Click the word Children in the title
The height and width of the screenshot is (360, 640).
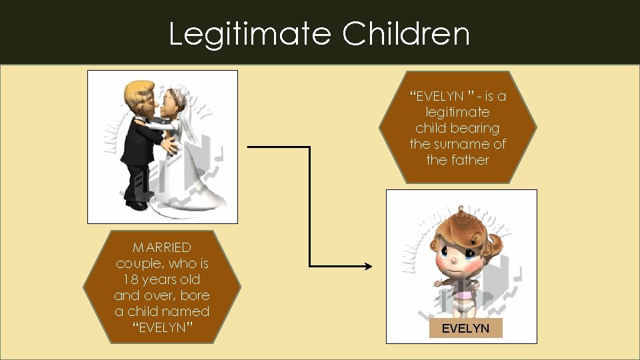pos(407,34)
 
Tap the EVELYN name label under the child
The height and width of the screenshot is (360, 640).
pos(465,328)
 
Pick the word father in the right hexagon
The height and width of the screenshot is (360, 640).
pos(472,160)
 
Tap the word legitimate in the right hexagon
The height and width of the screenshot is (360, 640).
pos(457,112)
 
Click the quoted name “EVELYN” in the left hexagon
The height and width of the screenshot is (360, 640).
pos(162,327)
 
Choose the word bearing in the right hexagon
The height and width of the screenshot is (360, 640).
pos(476,128)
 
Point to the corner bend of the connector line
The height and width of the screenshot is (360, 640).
pos(311,147)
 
